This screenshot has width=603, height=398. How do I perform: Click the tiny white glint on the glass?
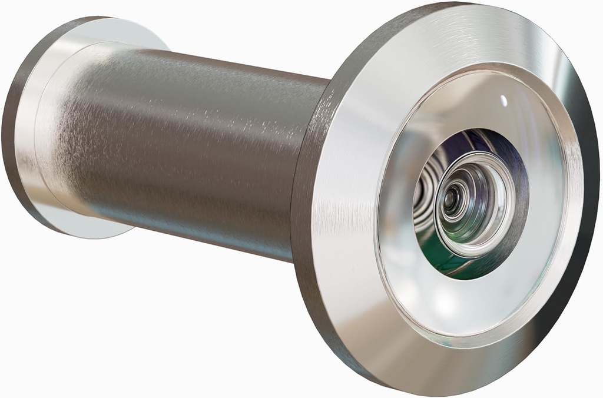[x=503, y=100]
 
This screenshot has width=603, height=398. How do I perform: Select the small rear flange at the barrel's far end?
[x=35, y=118]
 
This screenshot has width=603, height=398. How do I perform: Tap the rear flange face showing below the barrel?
[x=88, y=227]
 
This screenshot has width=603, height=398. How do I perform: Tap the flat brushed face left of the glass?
[x=347, y=194]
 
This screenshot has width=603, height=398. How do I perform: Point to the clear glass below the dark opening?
[x=465, y=300]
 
